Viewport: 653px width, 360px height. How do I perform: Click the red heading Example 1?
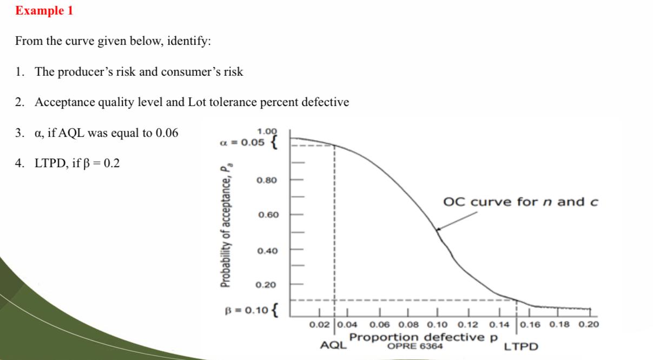[x=44, y=11]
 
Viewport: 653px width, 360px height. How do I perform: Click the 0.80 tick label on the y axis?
[x=267, y=180]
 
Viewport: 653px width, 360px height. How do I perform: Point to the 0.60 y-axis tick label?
[x=267, y=215]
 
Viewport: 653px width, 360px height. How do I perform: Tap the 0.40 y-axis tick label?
[x=267, y=251]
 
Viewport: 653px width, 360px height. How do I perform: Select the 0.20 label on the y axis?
[x=267, y=285]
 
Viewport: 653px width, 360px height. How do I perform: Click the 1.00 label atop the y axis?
[x=267, y=132]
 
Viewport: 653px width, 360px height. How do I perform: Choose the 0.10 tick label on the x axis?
[x=438, y=325]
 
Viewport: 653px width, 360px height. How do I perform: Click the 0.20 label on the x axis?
[x=589, y=325]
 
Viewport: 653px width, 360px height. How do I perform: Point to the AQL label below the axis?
[x=333, y=345]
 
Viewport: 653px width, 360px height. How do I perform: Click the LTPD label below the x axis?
[x=521, y=346]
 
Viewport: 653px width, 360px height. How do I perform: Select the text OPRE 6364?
[x=415, y=346]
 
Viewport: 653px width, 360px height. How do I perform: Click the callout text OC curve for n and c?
[x=520, y=202]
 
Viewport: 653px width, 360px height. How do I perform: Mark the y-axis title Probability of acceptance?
[x=224, y=228]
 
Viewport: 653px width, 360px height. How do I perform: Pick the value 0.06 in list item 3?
[x=167, y=133]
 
